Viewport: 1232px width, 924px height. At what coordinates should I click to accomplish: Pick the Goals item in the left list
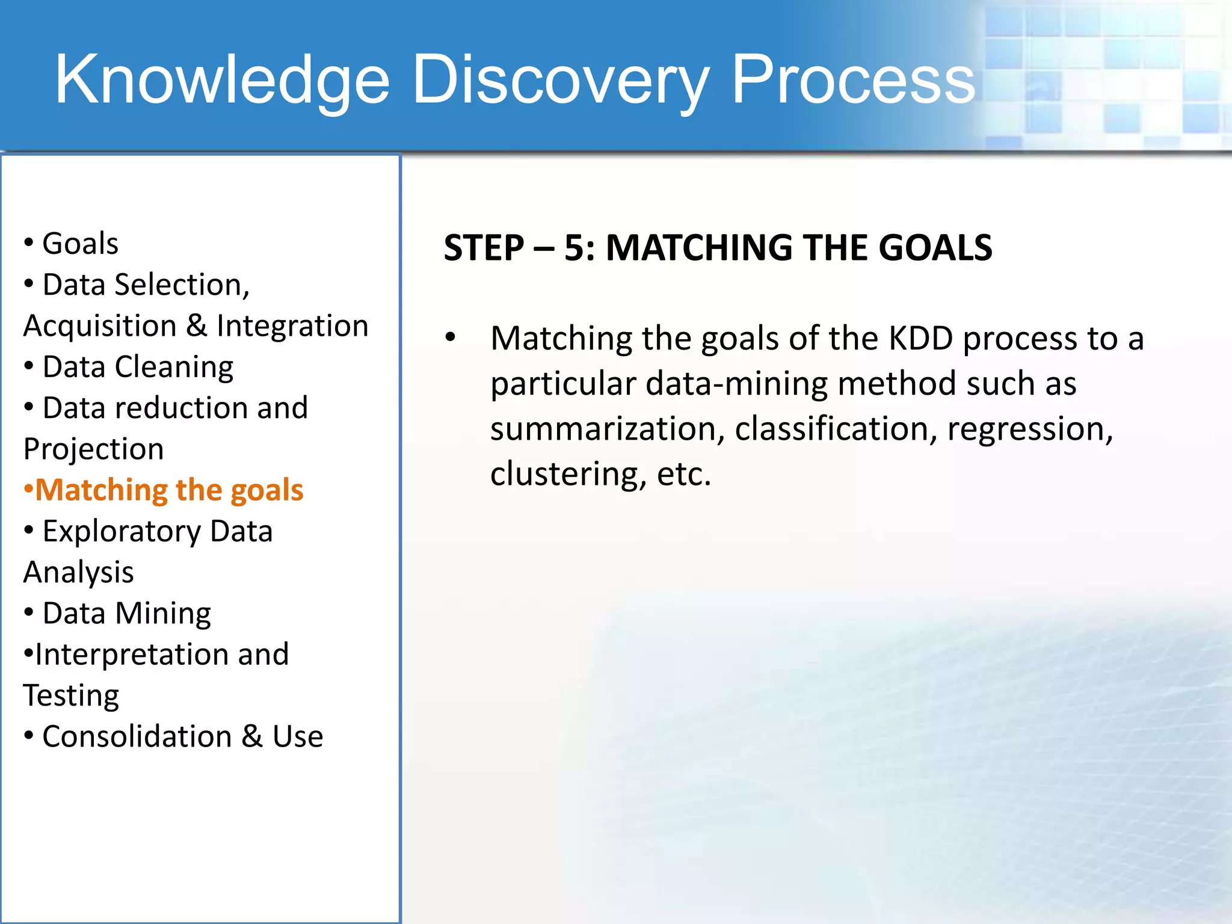coord(80,244)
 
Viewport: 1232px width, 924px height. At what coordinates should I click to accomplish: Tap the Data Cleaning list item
coord(138,367)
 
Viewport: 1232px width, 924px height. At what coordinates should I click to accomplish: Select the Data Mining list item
coord(126,614)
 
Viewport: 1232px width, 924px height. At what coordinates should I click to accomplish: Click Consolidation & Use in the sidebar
coord(182,736)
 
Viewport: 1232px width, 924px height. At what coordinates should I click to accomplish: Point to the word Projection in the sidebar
coord(93,449)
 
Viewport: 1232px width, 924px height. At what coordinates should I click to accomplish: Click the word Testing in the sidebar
coord(71,695)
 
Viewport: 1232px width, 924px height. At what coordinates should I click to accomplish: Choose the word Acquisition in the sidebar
coord(100,326)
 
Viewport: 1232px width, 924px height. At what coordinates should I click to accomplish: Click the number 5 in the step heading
coord(574,248)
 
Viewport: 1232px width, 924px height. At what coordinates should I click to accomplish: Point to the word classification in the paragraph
coord(836,429)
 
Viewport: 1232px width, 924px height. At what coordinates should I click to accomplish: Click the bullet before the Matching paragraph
coord(451,337)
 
